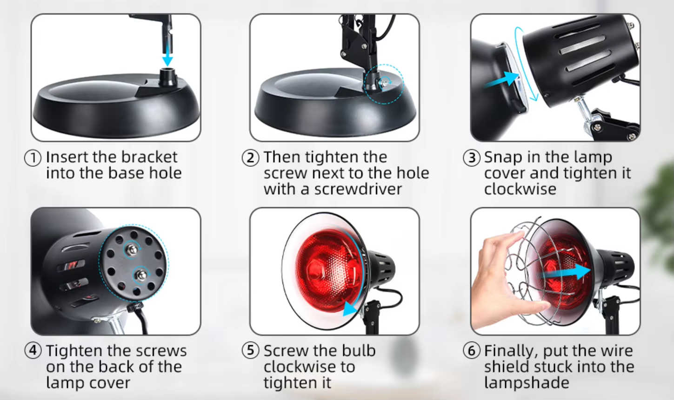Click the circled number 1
33,158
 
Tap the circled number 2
250,158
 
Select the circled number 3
472,158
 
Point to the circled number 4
33,350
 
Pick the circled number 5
250,350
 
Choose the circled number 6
472,350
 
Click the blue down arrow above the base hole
167,52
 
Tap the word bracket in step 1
149,157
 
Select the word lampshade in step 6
527,383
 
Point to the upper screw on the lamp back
132,249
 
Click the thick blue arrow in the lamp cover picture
502,80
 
